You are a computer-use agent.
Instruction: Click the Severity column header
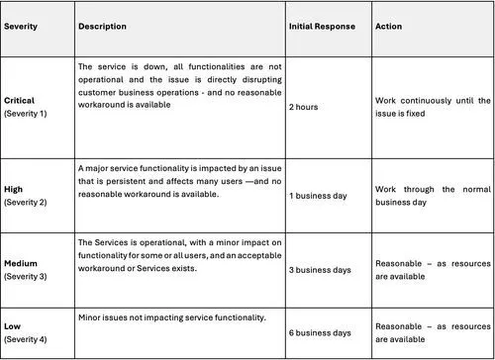[x=22, y=26]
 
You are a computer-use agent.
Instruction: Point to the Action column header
[x=388, y=26]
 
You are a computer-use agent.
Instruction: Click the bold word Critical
[x=22, y=102]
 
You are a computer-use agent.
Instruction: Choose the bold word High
[x=16, y=189]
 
